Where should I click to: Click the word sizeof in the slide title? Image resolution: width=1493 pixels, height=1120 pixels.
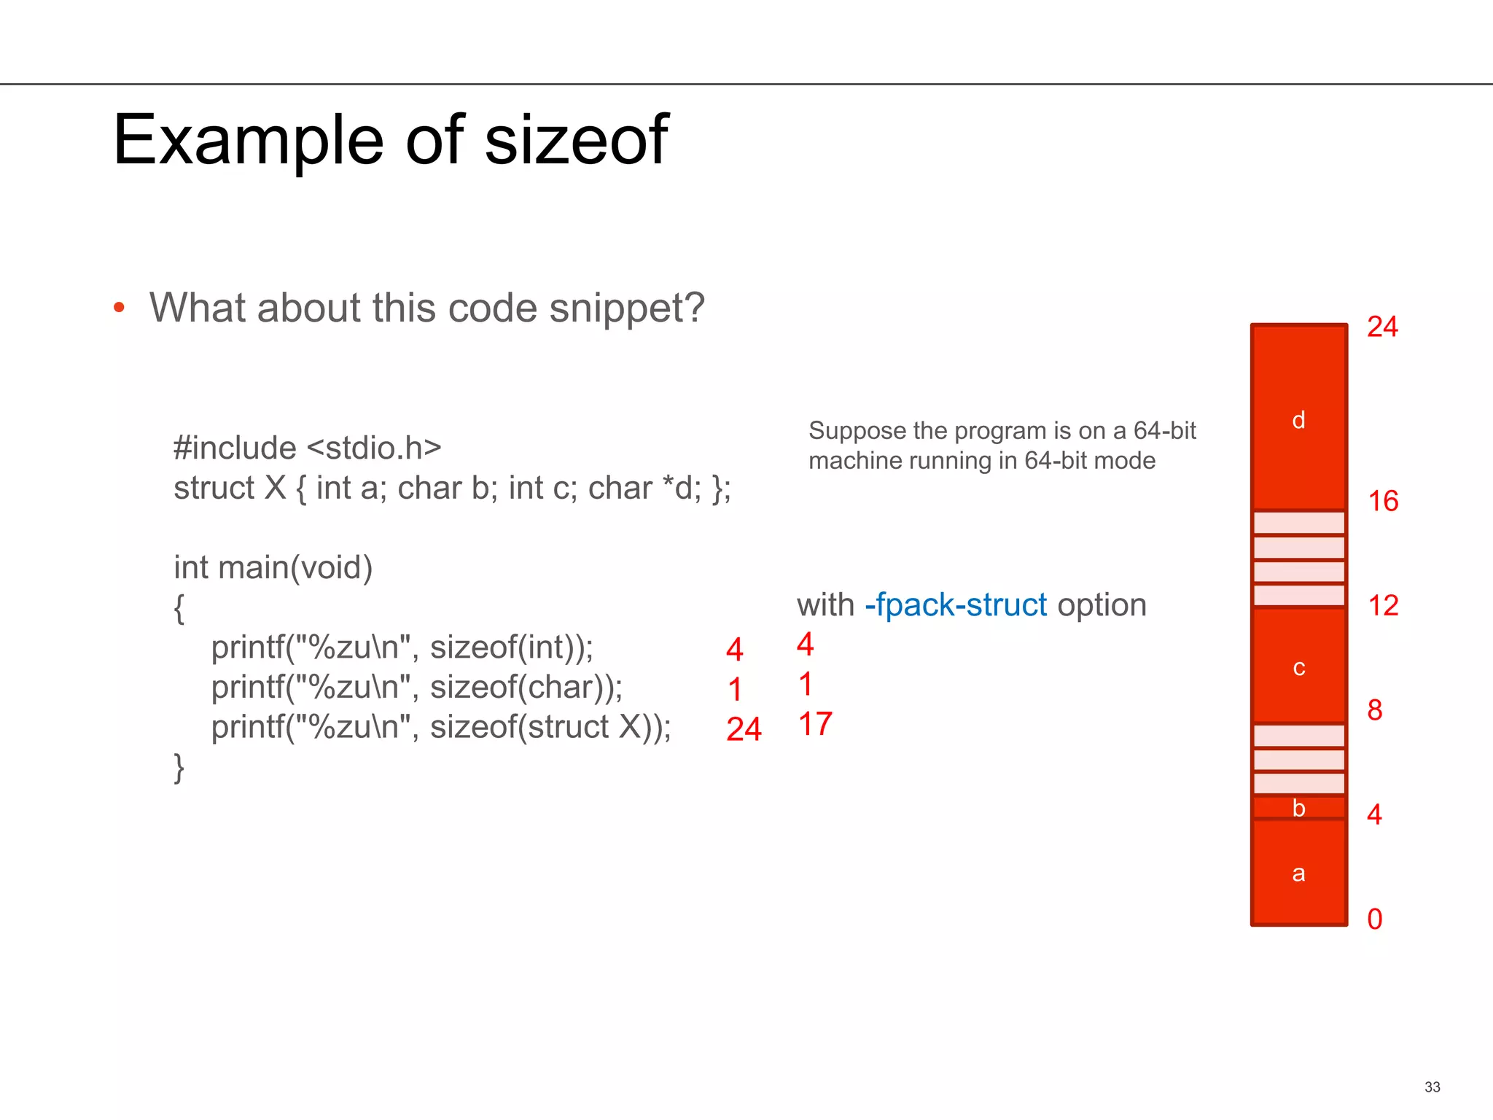tap(575, 140)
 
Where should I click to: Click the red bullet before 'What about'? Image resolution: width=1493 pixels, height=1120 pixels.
tap(120, 308)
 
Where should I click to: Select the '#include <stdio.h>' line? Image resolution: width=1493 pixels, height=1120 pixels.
tap(307, 448)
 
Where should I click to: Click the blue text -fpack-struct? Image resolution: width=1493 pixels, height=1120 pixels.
tap(955, 605)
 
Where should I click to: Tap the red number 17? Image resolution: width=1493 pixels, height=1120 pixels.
tap(815, 724)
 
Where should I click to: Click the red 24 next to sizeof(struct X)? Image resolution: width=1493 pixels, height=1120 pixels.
tap(744, 729)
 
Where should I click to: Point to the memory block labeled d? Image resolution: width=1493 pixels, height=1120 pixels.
tap(1298, 419)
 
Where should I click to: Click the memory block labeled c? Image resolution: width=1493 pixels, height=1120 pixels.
tap(1298, 667)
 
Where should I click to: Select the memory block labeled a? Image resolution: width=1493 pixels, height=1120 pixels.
tap(1298, 873)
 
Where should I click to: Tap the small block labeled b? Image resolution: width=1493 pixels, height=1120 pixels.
tap(1298, 808)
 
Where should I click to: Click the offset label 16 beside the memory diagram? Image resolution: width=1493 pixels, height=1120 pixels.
tap(1383, 502)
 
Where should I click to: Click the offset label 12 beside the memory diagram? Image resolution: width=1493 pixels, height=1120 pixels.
tap(1383, 606)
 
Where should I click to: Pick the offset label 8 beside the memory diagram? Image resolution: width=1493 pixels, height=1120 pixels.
tap(1375, 710)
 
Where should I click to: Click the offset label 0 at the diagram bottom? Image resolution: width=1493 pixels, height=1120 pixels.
tap(1375, 919)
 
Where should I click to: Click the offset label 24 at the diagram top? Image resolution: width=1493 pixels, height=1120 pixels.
tap(1382, 327)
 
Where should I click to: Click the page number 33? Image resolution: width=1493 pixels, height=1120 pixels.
tap(1432, 1087)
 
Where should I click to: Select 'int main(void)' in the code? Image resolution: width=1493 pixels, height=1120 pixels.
tap(273, 567)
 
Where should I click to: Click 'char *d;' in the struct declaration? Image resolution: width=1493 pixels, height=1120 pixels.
tap(644, 488)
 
